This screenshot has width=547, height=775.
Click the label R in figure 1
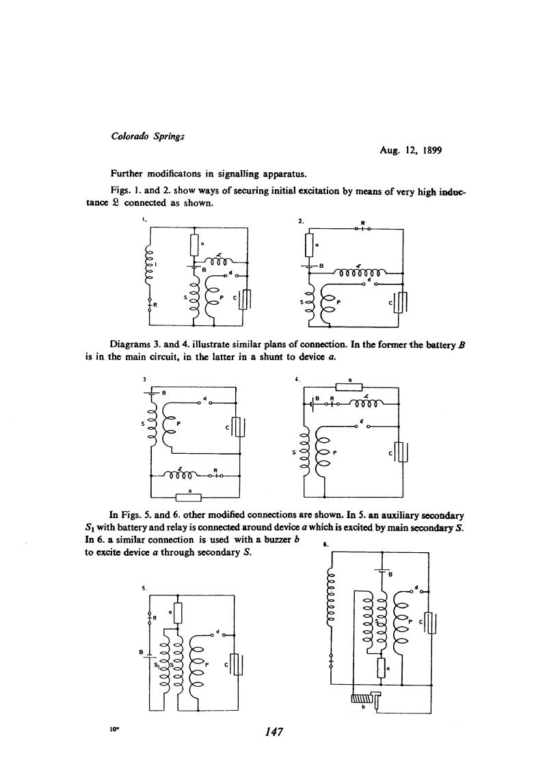[x=155, y=306]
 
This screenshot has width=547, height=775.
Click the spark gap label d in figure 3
[x=204, y=397]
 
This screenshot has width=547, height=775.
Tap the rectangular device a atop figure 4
[x=349, y=386]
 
